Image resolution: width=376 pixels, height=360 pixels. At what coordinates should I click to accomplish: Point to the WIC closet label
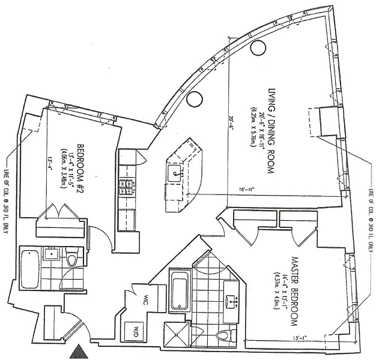pos(146,302)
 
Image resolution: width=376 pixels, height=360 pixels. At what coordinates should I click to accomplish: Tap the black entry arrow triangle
pos(79,352)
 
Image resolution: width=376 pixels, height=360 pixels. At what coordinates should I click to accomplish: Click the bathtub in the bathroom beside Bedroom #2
pos(29,268)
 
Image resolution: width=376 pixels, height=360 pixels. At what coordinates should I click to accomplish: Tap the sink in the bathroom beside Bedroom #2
pos(50,253)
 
